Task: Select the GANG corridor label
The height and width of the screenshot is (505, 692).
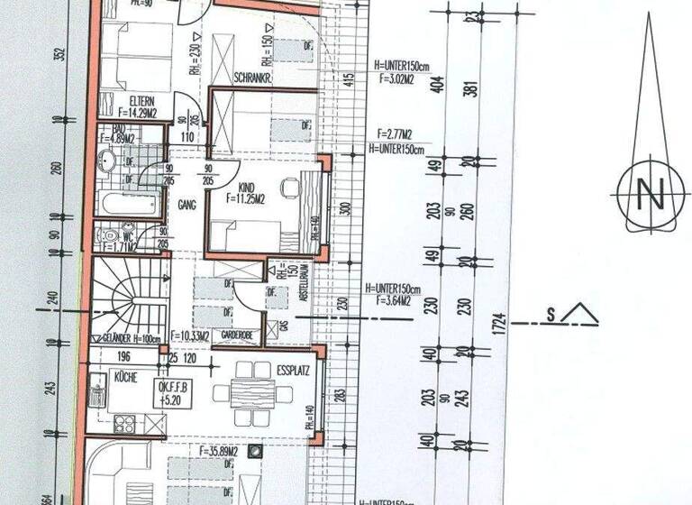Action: click(188, 205)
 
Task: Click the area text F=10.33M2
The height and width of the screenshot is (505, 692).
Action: click(190, 336)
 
